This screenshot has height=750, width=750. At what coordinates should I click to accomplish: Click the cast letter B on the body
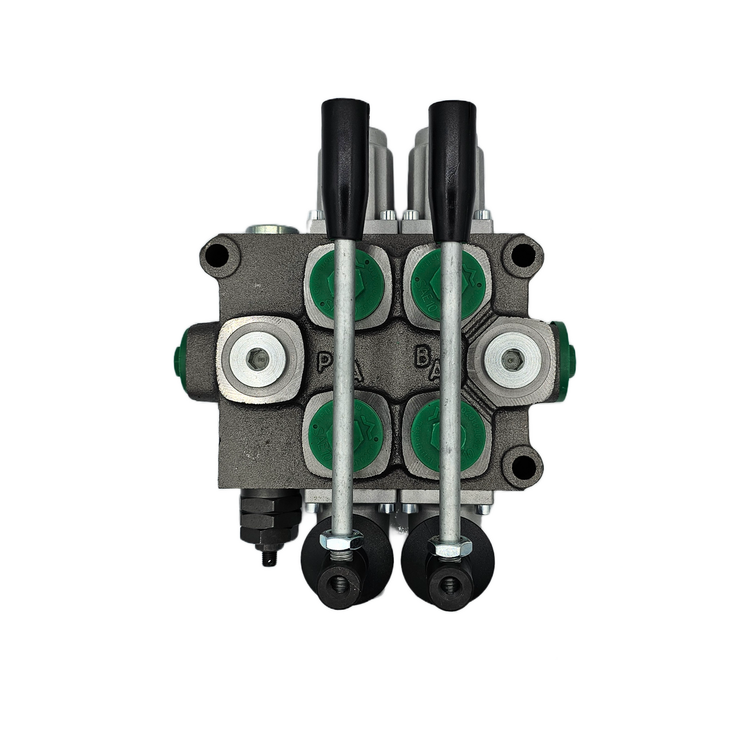click(421, 358)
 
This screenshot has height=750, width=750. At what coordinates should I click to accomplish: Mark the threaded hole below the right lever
click(445, 583)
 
